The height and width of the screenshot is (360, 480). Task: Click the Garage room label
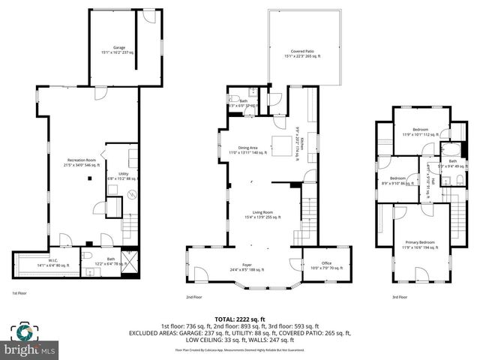coord(119,49)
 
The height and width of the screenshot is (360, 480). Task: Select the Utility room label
coord(124,175)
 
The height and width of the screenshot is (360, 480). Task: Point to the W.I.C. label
coord(47,262)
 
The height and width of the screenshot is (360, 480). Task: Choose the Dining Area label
coord(248,149)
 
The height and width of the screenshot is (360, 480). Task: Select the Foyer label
coord(247,266)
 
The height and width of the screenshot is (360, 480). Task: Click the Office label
coord(326,265)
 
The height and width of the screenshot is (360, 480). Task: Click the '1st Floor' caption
coord(20,292)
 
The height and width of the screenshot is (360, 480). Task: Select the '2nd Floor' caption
coord(193,296)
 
